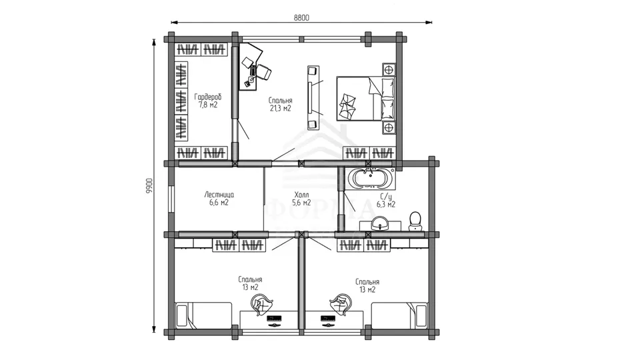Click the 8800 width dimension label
[x=301, y=18]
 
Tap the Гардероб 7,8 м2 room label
[x=208, y=101]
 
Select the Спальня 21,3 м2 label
[x=281, y=104]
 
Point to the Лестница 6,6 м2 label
[x=219, y=199]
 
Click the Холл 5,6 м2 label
[x=301, y=199]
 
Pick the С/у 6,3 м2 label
[x=386, y=201]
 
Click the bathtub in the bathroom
[x=371, y=178]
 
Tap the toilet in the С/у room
[x=415, y=221]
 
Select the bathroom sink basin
[x=381, y=224]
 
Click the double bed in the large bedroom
[x=366, y=99]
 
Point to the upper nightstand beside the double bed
[x=389, y=69]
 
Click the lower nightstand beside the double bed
[x=389, y=128]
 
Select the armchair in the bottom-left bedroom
[x=261, y=305]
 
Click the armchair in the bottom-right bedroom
[x=341, y=305]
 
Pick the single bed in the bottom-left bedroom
[x=204, y=315]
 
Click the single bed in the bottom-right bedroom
[x=399, y=315]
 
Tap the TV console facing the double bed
[x=313, y=98]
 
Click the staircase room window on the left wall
[x=171, y=199]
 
